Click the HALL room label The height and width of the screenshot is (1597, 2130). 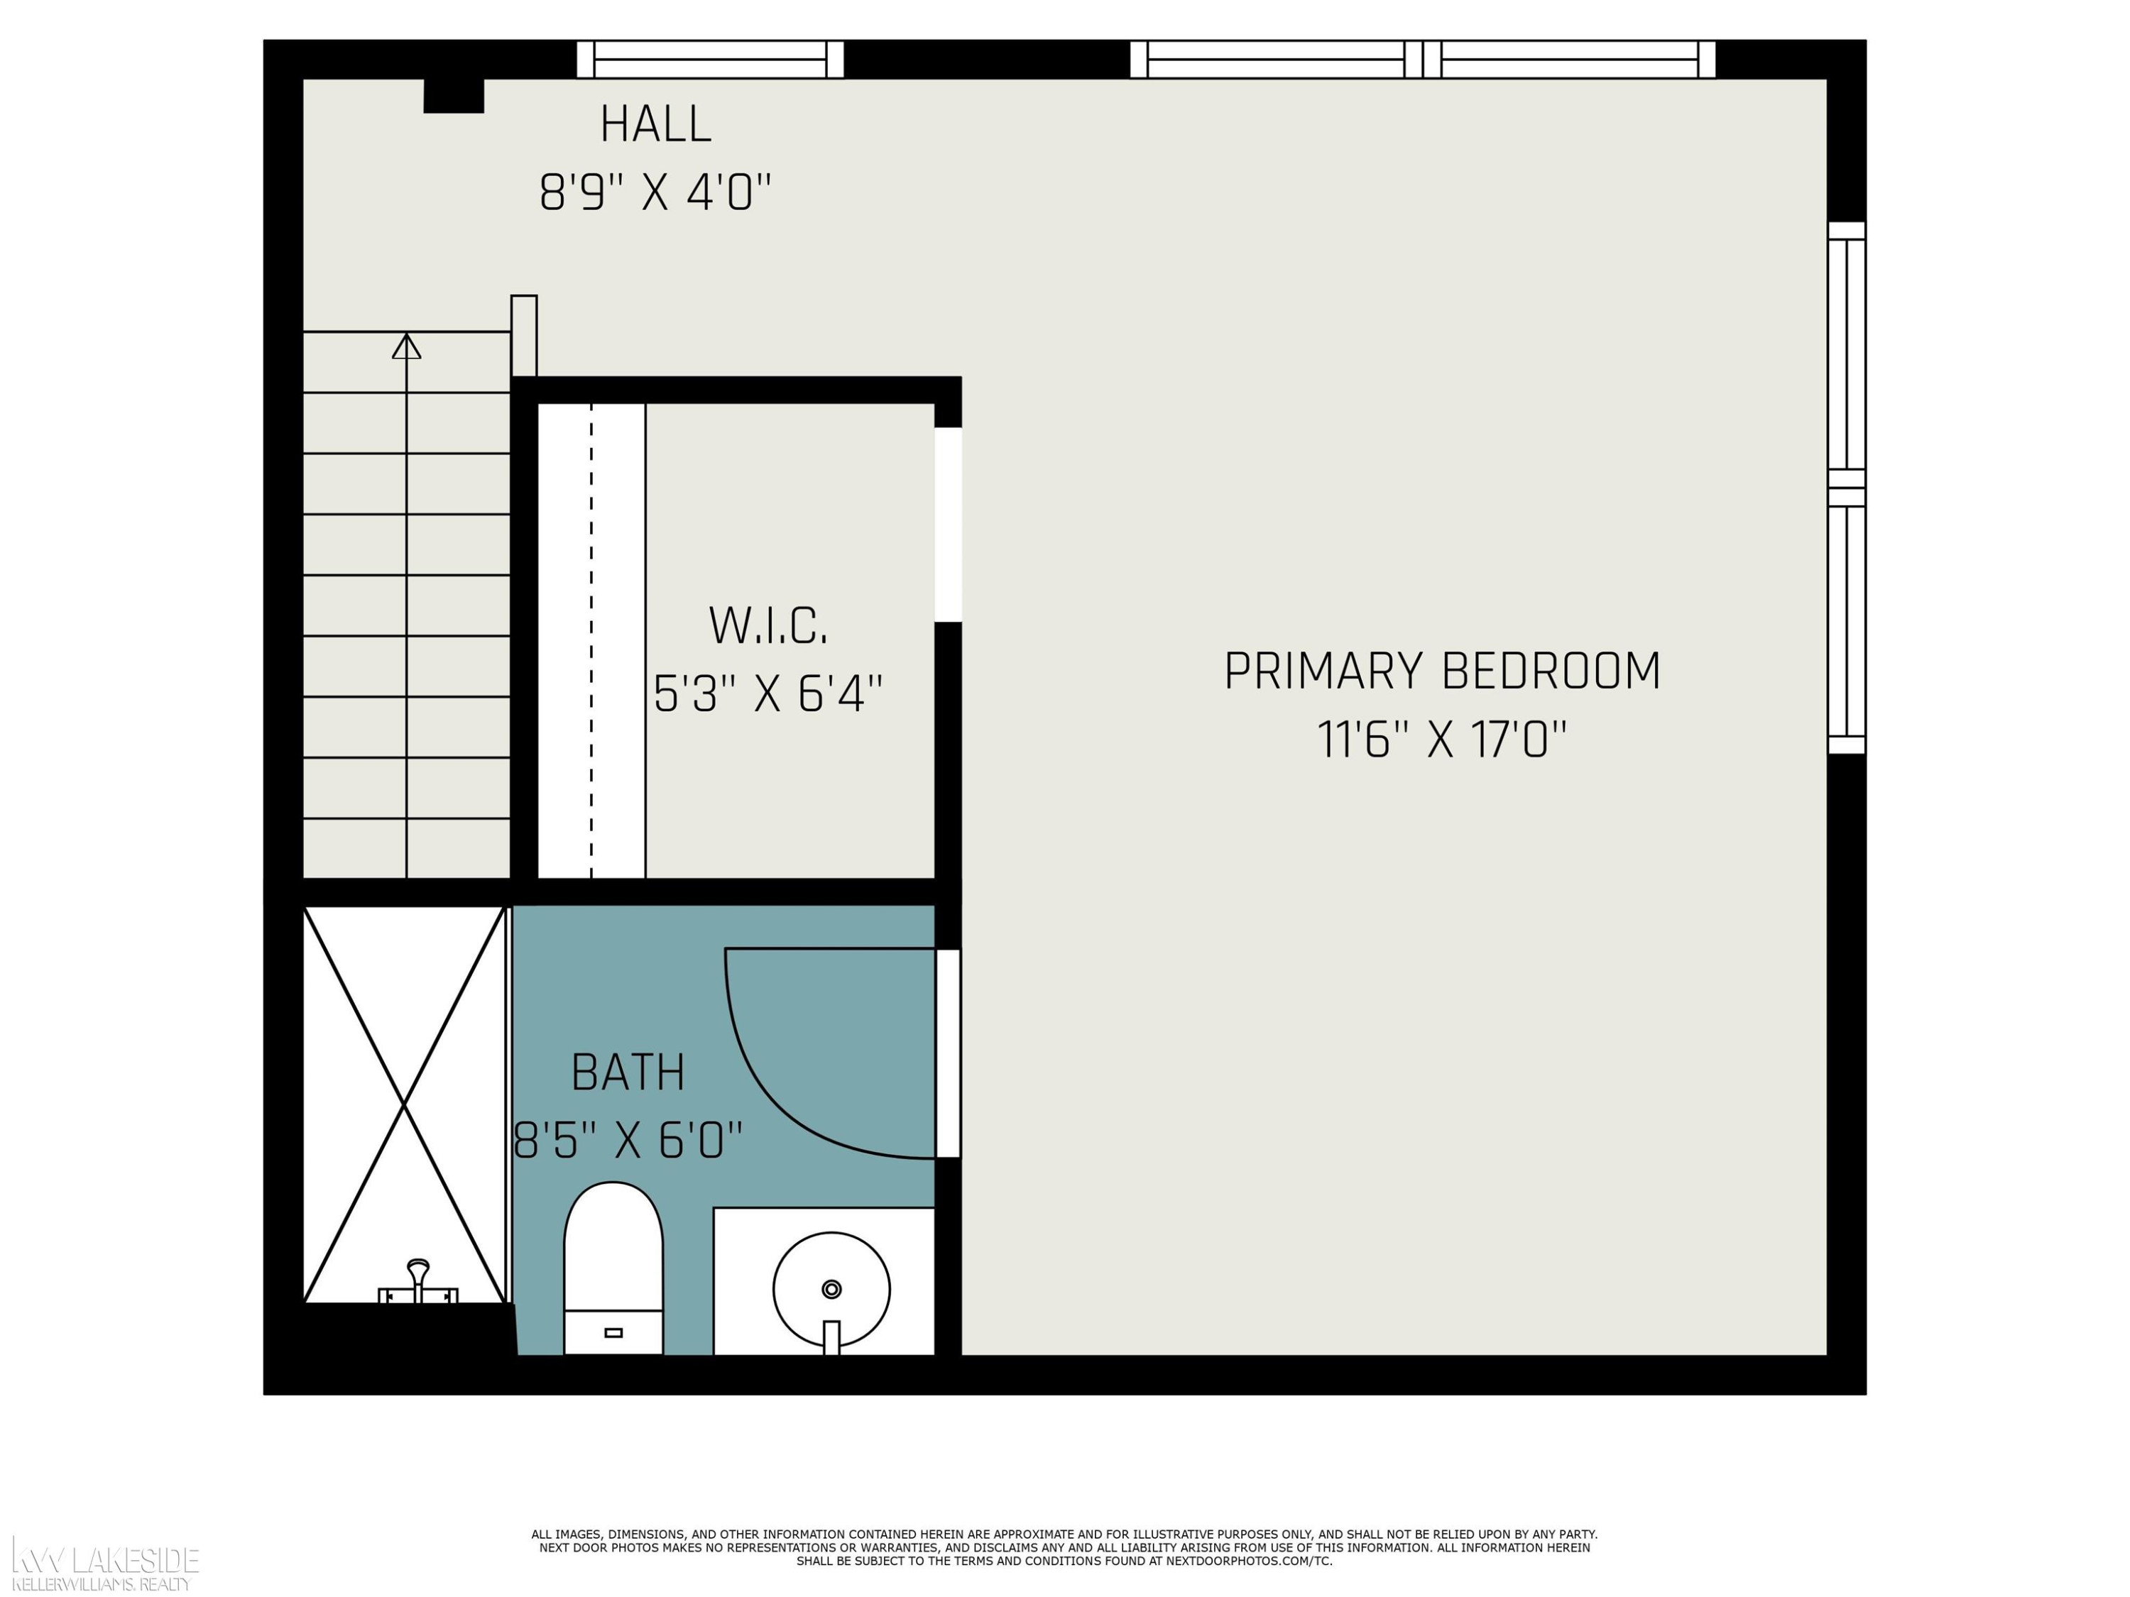point(656,124)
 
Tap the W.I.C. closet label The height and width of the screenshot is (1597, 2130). point(768,626)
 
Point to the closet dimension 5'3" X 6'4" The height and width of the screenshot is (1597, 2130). point(768,693)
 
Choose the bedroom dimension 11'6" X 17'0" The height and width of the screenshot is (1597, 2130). point(1441,740)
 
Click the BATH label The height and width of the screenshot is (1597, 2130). point(628,1072)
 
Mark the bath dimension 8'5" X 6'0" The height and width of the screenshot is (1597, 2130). point(628,1141)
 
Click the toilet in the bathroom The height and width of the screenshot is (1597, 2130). point(613,1269)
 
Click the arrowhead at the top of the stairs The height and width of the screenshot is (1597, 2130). point(406,346)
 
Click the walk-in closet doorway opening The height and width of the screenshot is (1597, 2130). point(949,525)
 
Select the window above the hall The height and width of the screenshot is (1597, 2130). point(711,59)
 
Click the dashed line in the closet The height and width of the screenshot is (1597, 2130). point(591,640)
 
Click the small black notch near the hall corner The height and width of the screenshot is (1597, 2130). point(454,95)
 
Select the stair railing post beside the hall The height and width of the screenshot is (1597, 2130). point(524,336)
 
